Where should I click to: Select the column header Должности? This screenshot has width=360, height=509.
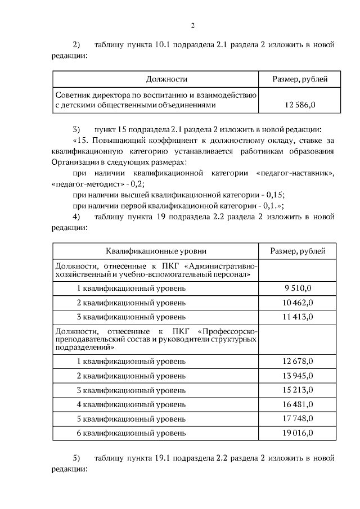tap(167, 79)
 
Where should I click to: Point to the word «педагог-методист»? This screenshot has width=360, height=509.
tap(78, 184)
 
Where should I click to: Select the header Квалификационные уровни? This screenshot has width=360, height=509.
tap(156, 251)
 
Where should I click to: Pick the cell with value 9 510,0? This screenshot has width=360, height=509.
tap(298, 289)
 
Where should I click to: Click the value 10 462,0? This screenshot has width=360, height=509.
tap(298, 303)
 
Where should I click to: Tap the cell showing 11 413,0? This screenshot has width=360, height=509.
tap(298, 317)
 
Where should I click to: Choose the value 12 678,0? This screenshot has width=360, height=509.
tap(298, 361)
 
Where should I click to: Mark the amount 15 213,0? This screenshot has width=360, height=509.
tap(298, 390)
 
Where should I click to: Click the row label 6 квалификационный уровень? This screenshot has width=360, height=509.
tap(130, 433)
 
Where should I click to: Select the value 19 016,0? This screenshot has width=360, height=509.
tap(298, 433)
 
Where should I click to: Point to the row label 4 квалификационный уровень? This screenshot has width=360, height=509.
tap(130, 404)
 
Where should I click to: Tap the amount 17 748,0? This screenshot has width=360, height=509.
tap(298, 418)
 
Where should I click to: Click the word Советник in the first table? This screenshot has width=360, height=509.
tap(71, 94)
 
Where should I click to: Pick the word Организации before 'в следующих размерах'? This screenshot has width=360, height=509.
tap(75, 161)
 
